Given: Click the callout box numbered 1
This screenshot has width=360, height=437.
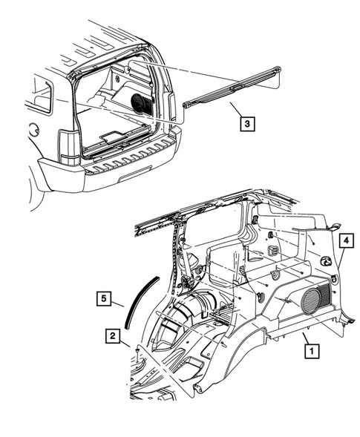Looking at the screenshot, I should click(x=311, y=348).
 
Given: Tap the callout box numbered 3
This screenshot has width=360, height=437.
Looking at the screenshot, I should click(x=244, y=124).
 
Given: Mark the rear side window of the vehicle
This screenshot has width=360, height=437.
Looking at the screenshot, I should click(x=41, y=96).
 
